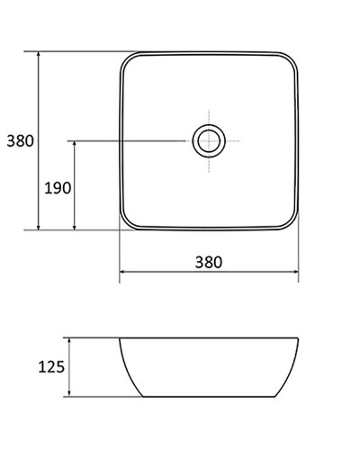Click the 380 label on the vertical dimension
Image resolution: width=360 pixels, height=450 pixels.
(x=20, y=141)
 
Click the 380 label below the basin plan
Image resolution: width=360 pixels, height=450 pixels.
(x=208, y=262)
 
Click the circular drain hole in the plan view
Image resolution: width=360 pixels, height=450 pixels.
(x=208, y=140)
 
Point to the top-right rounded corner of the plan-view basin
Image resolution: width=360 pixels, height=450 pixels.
(x=290, y=61)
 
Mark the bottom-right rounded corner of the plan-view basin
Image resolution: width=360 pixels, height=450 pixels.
(x=290, y=220)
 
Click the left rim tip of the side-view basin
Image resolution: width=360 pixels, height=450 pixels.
(x=121, y=340)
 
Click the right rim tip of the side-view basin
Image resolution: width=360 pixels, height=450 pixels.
(x=297, y=340)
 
